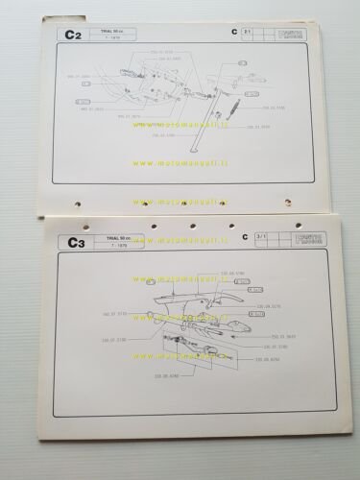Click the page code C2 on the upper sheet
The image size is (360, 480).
tap(71, 37)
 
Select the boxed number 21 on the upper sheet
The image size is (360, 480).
tap(248, 34)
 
